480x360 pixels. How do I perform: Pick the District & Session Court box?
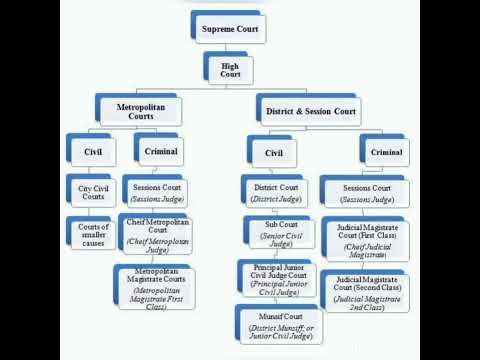pyautogui.click(x=309, y=111)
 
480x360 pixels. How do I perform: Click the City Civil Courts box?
pyautogui.click(x=92, y=191)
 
